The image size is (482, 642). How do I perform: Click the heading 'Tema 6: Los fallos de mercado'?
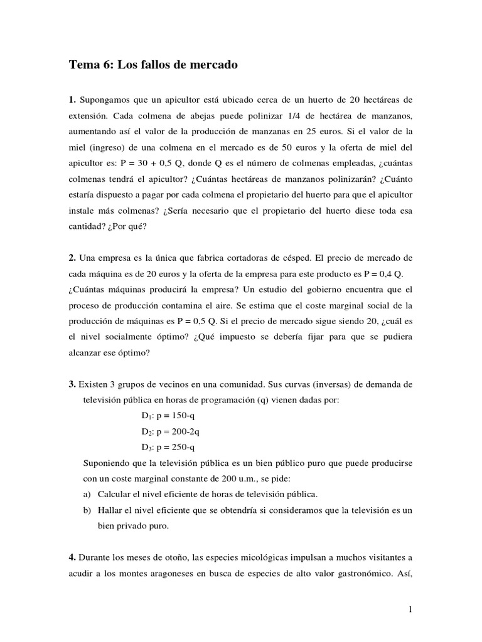(153, 65)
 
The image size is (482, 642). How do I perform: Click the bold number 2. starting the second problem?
(73, 257)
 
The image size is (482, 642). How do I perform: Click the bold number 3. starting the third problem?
(73, 384)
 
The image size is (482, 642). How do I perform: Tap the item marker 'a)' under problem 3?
(87, 494)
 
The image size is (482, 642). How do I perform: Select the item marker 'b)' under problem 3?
(87, 510)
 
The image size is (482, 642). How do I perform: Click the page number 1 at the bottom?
(409, 609)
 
